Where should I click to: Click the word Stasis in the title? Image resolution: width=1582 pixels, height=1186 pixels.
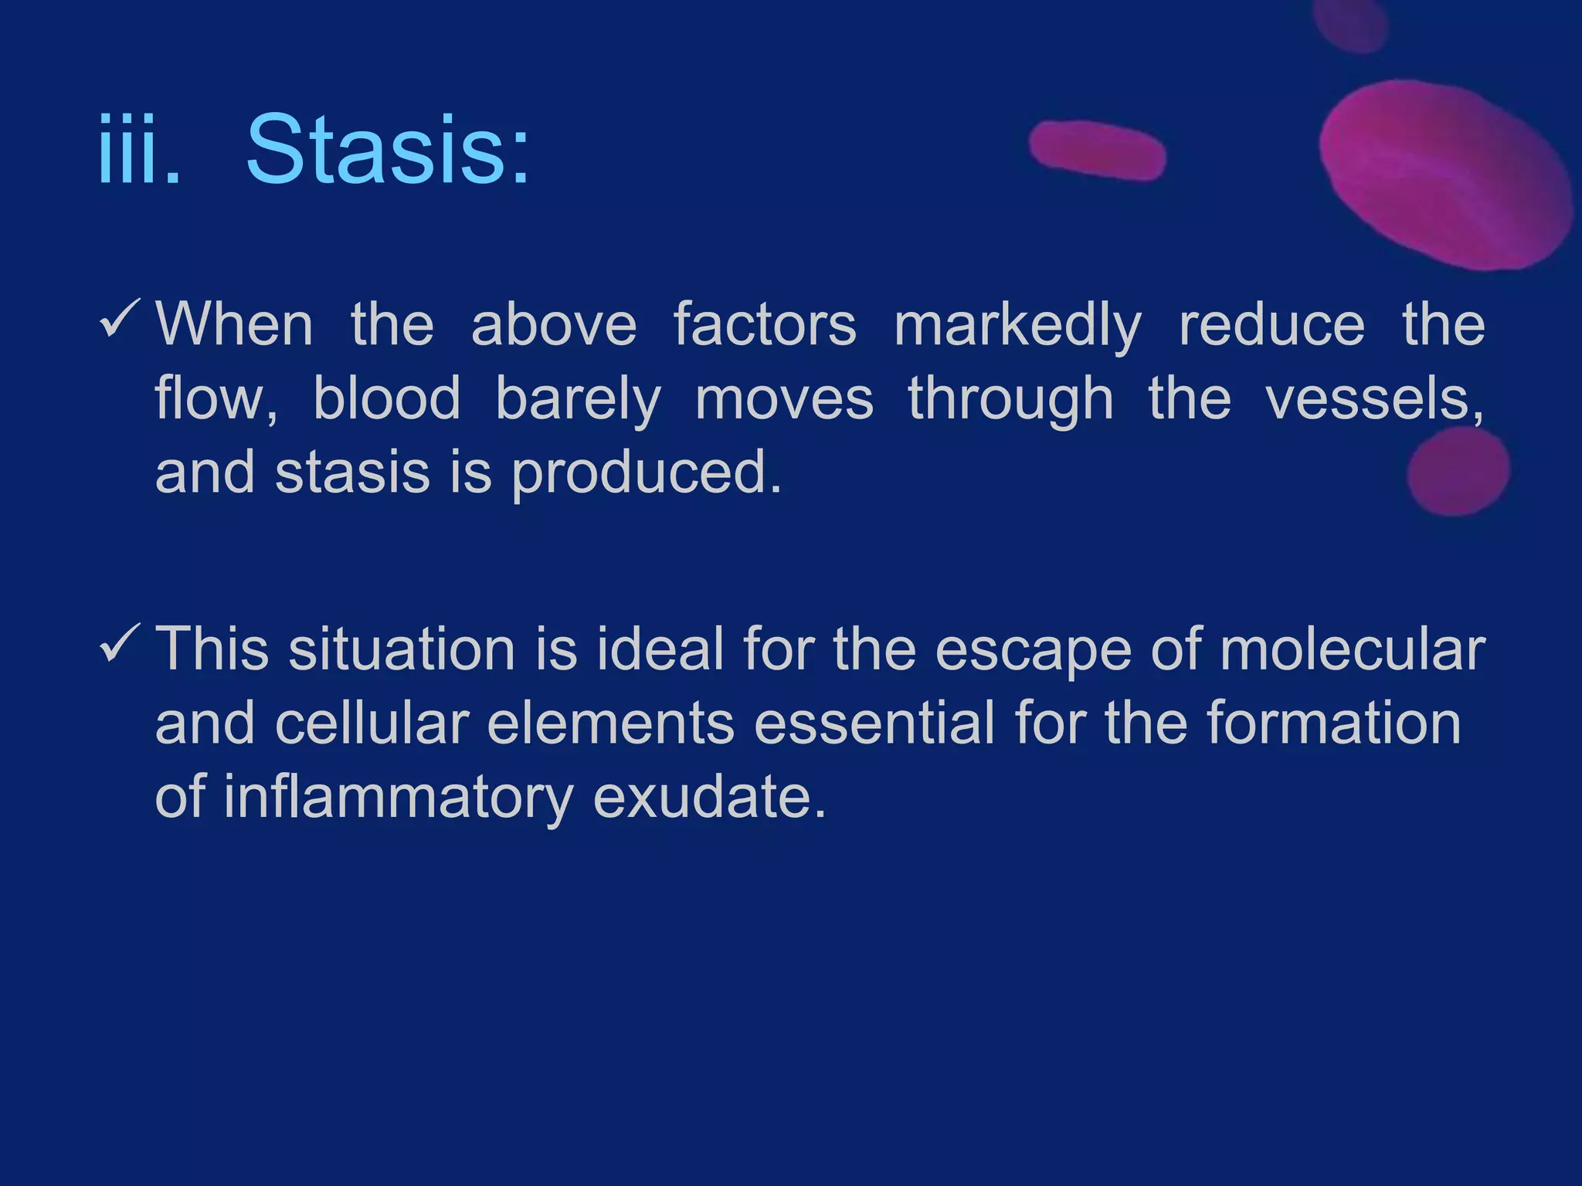(388, 151)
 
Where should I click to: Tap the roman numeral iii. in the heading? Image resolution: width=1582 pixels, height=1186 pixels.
(139, 151)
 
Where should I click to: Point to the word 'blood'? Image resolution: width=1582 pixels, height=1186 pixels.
(386, 400)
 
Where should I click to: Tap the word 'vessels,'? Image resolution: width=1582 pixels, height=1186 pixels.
(1374, 400)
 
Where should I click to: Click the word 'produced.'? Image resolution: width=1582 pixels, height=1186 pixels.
(647, 473)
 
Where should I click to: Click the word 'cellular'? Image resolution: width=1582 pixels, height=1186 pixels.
(372, 724)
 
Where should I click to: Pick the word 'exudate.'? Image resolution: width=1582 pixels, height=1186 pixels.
(709, 798)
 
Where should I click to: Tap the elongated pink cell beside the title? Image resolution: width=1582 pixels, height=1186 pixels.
(1097, 151)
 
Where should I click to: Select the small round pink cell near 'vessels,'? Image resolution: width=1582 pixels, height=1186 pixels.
(1458, 471)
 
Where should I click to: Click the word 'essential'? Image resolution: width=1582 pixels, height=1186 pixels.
(874, 724)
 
